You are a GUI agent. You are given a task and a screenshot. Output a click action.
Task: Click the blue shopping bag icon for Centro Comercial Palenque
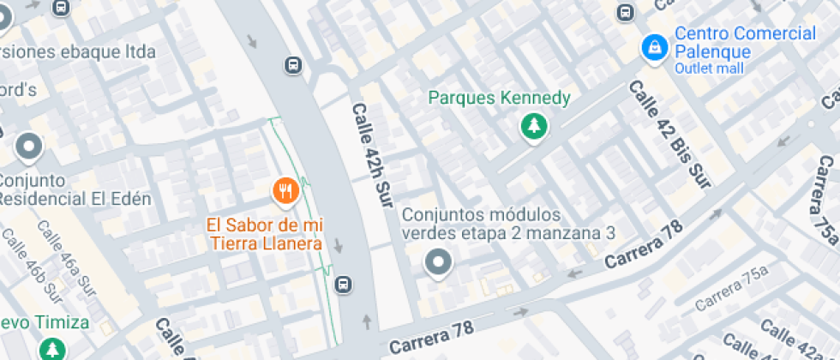coord(654,47)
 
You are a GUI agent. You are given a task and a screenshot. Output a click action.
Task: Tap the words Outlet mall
coord(709,69)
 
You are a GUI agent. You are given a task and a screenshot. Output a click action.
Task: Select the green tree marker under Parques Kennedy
coord(534,127)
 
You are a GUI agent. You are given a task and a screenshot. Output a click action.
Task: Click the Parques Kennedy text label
coord(499,98)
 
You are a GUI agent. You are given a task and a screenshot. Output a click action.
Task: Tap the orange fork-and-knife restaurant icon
coord(285,191)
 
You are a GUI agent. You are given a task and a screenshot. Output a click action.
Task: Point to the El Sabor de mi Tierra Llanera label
coord(264,234)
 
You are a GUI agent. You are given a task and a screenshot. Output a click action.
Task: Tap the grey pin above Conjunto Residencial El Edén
coord(30,147)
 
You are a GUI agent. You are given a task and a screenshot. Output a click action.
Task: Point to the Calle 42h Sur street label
coord(370,154)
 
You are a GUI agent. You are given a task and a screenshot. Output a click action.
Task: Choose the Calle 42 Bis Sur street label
coord(669,134)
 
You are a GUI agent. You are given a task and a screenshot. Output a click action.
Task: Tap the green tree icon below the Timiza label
coord(53,348)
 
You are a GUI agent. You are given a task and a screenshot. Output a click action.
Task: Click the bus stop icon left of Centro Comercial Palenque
coord(626,13)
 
